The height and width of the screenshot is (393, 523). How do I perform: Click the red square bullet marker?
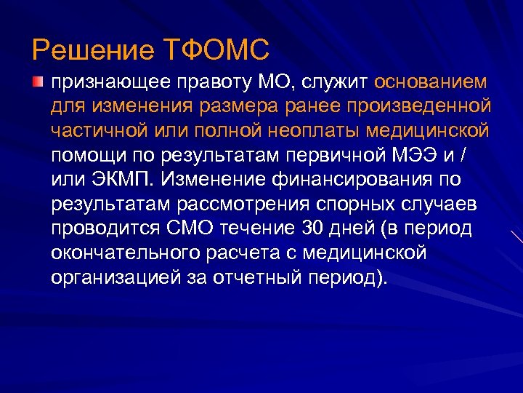coord(38,79)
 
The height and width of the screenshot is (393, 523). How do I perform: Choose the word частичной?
coord(94,130)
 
